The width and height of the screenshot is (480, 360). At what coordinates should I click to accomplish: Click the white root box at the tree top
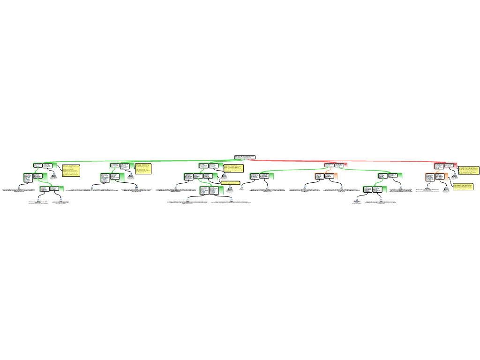pos(245,157)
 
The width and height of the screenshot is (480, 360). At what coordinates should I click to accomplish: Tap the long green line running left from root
pos(141,162)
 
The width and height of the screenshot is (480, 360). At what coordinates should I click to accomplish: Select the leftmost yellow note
pos(71,171)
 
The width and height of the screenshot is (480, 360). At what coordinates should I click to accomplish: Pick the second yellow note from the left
pos(143,169)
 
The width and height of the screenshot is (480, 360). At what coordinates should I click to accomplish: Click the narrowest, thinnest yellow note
pos(230,183)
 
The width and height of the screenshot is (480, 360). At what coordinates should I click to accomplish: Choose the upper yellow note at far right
pos(468,170)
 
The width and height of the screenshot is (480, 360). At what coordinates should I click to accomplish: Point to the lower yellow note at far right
pos(463,187)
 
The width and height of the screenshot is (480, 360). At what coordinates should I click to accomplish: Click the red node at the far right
pos(445,166)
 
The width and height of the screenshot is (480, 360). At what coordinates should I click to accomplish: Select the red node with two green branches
pos(336,165)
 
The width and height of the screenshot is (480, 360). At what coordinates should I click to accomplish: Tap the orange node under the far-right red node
pos(436,177)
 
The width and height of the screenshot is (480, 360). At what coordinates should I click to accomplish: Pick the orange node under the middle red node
pos(326,176)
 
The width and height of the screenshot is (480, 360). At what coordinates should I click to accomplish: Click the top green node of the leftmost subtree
pos(45,165)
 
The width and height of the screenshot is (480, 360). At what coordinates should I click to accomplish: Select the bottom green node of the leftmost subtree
pos(52,189)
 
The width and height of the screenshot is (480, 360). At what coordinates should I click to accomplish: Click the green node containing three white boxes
pos(201,177)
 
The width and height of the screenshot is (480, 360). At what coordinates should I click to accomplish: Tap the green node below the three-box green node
pos(211,190)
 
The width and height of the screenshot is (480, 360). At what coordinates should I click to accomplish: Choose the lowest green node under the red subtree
pos(375,189)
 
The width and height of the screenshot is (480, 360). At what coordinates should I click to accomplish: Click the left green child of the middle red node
pos(262,176)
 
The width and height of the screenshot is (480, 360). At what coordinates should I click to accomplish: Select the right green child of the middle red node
pos(390,176)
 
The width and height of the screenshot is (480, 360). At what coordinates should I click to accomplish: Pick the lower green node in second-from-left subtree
pos(112,178)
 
